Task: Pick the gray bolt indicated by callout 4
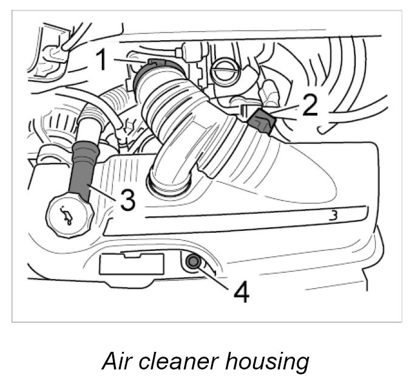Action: coord(194,262)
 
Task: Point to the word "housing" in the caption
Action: coord(267,362)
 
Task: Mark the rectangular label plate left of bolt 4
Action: coord(132,265)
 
